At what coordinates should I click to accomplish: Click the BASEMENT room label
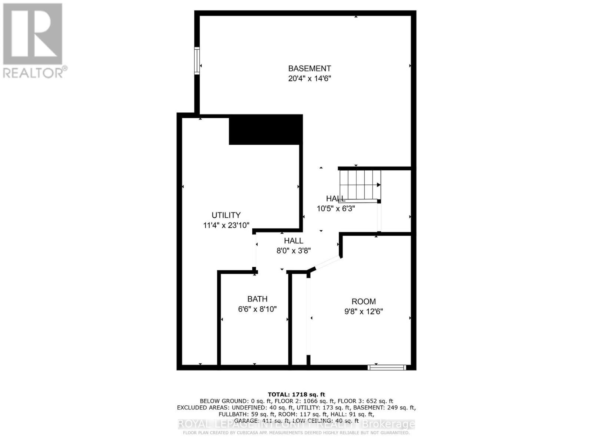click(x=309, y=69)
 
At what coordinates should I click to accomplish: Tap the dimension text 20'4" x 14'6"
click(x=309, y=79)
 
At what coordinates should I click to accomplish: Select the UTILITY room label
click(x=226, y=215)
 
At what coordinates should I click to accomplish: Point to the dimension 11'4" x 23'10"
click(x=226, y=225)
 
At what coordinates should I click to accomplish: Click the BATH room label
click(x=257, y=299)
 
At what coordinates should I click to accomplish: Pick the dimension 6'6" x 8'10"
click(x=257, y=309)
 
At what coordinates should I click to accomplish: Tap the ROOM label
click(x=364, y=301)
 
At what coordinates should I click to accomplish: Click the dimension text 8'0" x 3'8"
click(x=294, y=251)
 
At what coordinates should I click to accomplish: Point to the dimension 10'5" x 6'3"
click(x=336, y=208)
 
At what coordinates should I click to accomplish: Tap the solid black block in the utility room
click(x=265, y=129)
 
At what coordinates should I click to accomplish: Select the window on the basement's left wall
click(x=197, y=61)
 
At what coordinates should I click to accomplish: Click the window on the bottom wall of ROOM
click(x=387, y=367)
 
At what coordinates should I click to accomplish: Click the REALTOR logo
click(x=33, y=40)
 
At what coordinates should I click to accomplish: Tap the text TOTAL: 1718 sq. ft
click(x=296, y=395)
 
